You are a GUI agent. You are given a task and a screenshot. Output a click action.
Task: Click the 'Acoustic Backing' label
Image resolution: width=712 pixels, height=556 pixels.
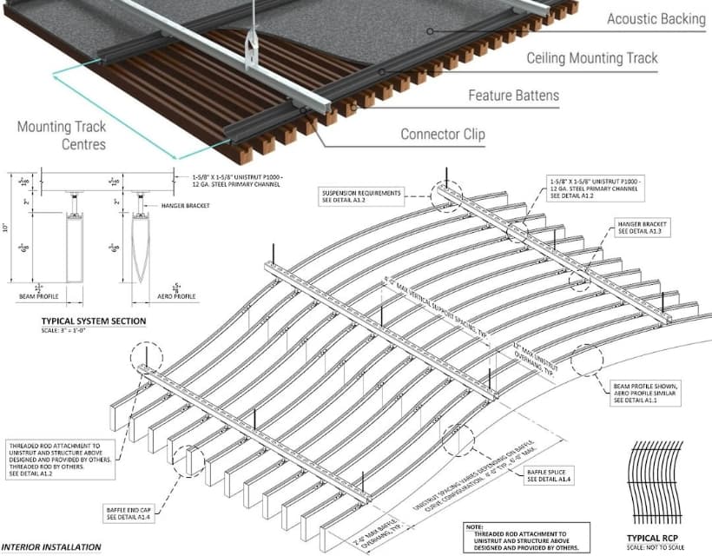point(656,19)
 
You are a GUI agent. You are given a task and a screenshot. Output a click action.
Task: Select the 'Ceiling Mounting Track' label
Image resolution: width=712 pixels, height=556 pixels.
point(592,59)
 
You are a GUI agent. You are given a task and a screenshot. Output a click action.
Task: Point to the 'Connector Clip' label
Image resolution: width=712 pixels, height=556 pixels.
point(454,135)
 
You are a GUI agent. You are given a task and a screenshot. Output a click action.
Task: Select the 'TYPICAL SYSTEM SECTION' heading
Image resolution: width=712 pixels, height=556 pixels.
point(94,321)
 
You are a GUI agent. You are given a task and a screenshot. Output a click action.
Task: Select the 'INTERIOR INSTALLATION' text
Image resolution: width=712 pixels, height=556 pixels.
point(50,548)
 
